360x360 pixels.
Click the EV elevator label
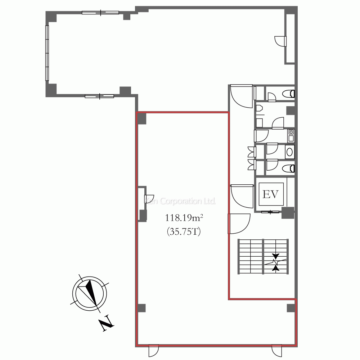[270, 194]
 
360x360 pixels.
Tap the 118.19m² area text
[184, 217]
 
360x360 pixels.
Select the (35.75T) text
[184, 231]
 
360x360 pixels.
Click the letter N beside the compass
[106, 324]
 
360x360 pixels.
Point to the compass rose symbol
[90, 293]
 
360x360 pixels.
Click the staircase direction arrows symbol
[275, 262]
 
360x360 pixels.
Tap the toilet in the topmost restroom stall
[288, 94]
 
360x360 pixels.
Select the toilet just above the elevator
[288, 168]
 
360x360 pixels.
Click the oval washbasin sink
[289, 152]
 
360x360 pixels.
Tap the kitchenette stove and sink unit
[291, 136]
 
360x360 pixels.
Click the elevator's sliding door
[270, 212]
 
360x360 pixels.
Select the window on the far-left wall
[47, 53]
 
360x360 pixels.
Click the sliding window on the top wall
[100, 13]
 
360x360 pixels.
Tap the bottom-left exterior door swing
[153, 351]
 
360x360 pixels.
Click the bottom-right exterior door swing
[276, 351]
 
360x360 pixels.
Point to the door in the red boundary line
[239, 224]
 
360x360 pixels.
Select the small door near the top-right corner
[280, 41]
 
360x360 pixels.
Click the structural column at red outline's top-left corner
[141, 118]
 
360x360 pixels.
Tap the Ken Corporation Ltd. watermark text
[180, 201]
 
